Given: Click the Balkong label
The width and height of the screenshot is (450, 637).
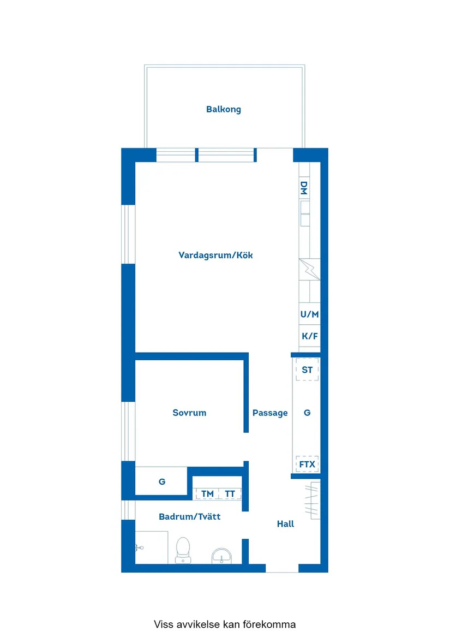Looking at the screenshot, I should (223, 109).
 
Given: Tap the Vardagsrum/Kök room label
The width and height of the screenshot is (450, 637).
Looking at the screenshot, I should (215, 255).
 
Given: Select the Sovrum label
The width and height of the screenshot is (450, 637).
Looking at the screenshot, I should (189, 413).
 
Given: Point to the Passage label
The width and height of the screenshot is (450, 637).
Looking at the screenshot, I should (269, 413).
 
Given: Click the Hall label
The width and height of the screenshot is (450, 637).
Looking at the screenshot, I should (285, 524).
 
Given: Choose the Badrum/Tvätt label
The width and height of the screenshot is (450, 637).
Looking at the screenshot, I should (189, 516).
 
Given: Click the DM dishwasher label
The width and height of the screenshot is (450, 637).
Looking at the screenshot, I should (304, 189).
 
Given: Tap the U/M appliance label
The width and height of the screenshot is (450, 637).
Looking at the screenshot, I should (309, 314).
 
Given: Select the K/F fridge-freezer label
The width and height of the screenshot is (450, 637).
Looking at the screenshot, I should (309, 336).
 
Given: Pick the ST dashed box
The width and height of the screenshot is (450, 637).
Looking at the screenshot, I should (307, 370).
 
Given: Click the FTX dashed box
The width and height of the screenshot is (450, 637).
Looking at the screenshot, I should (307, 465).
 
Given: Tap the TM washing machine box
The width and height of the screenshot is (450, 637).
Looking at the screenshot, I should (207, 493).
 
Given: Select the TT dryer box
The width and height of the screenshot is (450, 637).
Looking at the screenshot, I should (230, 493).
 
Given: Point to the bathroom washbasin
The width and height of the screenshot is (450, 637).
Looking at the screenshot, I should (221, 555).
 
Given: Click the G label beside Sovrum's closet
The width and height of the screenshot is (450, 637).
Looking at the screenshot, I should (162, 482).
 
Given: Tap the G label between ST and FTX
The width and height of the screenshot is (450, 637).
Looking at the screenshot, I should (307, 413).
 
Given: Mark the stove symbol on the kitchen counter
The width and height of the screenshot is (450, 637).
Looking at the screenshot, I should (309, 269).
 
